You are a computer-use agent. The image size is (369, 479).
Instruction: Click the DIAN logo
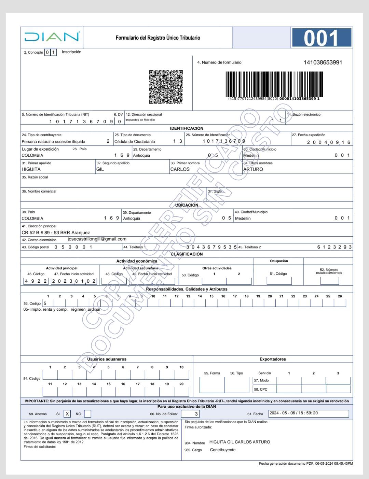pos(52,37)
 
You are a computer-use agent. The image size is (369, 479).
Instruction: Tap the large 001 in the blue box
pos(321,38)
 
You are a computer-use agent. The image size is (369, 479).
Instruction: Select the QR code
pos(166,87)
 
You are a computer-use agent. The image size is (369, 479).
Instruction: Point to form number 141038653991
pos(323,62)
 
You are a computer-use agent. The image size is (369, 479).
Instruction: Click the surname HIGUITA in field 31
pos(31,169)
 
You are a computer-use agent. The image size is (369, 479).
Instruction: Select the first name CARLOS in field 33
pos(180,169)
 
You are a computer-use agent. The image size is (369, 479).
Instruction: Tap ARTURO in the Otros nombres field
pos(253,169)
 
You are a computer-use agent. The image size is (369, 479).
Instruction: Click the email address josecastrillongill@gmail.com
pos(97,239)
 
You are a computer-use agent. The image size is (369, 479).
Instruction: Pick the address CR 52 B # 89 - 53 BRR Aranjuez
pos(56,233)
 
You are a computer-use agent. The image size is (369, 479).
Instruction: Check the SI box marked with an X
pos(67,414)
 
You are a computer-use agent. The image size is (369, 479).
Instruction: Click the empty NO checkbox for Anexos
pos(87,414)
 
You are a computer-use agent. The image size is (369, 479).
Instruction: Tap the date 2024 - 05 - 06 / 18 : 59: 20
pos(294,413)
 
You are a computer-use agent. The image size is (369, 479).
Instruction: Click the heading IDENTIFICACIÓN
pos(187,128)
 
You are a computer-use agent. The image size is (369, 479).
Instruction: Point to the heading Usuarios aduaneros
pos(107,359)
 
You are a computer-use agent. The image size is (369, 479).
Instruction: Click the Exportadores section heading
pos(273,359)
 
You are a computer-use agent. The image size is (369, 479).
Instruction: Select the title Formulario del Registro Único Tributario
pos(158,38)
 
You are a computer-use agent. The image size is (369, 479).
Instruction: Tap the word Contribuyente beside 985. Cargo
pos(223,450)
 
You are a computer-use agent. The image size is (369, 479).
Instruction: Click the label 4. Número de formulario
pos(219,62)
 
